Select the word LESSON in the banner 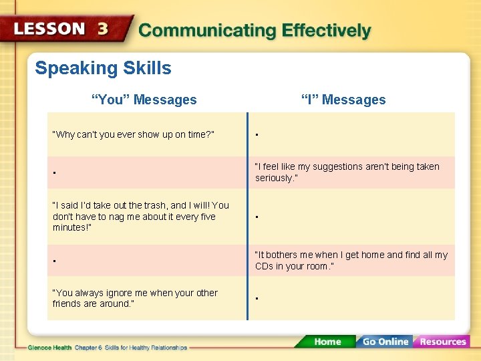pos(50,29)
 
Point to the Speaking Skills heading pos(103,68)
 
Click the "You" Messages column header pos(144,100)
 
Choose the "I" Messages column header pos(343,100)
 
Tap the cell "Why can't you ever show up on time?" pos(134,134)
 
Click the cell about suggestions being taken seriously pos(347,172)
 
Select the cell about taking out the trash pos(141,217)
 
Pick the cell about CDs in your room pos(351,261)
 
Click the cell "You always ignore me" pos(135,298)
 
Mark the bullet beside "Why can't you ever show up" pos(257,136)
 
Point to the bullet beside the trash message pos(257,218)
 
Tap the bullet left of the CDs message pos(54,262)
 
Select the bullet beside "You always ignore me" pos(257,299)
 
